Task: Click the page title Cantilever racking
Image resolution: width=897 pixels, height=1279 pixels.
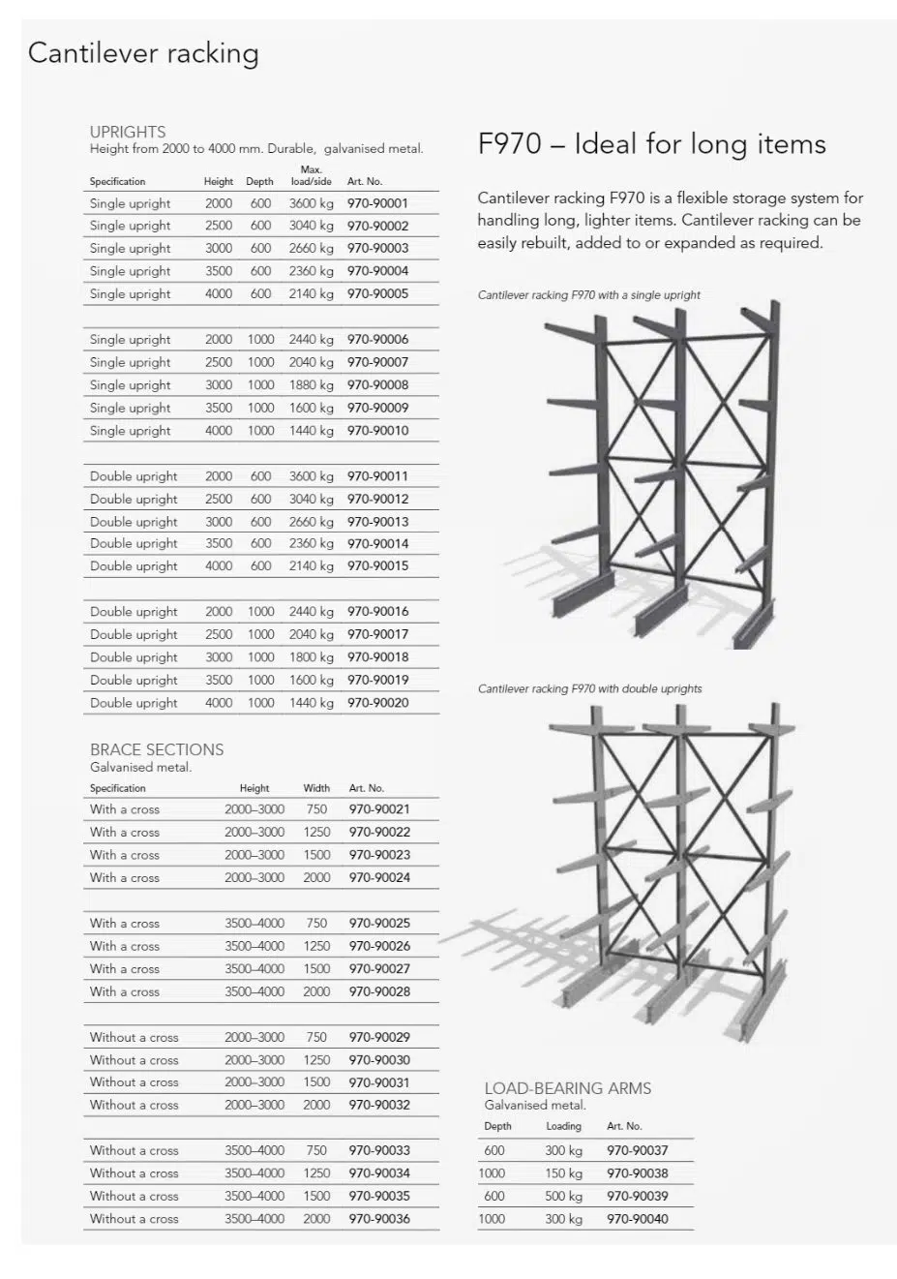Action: coord(143,53)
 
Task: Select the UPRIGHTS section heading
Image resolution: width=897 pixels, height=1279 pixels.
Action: coord(128,132)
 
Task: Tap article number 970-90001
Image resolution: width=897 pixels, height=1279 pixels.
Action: coord(377,203)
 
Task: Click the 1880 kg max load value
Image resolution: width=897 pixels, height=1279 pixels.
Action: coord(311,385)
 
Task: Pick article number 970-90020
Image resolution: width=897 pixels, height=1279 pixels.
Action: coord(377,703)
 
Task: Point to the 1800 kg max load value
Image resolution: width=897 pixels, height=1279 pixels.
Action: coord(311,657)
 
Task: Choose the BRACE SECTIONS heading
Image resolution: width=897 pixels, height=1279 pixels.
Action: coord(157,749)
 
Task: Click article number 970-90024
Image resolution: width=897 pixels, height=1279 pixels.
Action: coord(379,878)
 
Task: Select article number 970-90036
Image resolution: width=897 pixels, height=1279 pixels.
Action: coord(379,1219)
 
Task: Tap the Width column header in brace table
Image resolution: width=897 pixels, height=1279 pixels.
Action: coord(316,788)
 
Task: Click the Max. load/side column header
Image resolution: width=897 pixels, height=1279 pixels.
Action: coord(311,175)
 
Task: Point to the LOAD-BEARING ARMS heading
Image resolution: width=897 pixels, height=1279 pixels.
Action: coord(567,1088)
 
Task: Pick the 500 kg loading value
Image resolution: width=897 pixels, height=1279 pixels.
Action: coord(563,1196)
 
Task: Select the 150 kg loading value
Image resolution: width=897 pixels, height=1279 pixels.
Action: coord(563,1173)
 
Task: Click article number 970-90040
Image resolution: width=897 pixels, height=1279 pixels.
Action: coord(637,1219)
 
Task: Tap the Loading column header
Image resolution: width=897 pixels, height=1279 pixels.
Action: coord(563,1126)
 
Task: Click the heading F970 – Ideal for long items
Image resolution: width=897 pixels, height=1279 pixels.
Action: coord(651,144)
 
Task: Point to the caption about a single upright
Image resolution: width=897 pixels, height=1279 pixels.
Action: coord(588,295)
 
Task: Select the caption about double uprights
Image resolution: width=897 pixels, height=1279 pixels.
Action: coord(589,689)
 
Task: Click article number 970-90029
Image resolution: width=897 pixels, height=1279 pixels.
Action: coord(379,1037)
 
